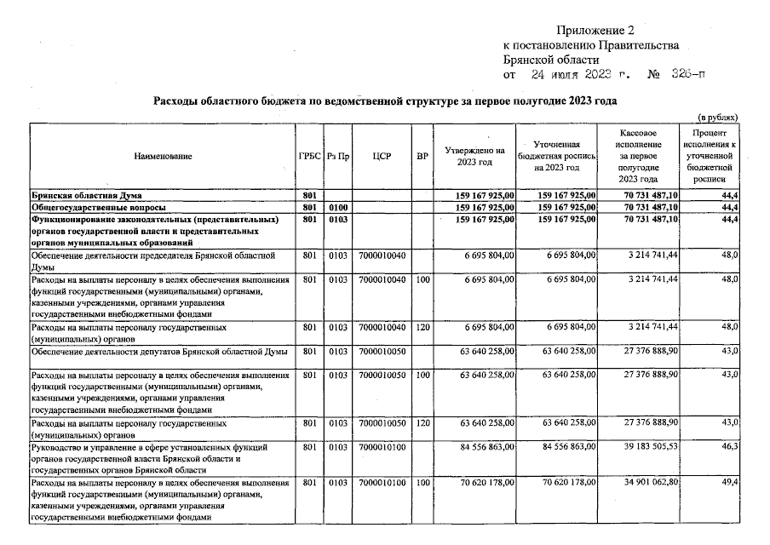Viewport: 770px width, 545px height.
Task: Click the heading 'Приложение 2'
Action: coord(596,31)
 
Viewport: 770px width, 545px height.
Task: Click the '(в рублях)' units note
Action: coord(717,117)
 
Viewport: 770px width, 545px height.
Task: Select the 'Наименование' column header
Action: coord(163,157)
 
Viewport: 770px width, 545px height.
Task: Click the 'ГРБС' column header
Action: coord(309,157)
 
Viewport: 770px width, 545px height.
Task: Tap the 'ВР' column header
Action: coord(422,157)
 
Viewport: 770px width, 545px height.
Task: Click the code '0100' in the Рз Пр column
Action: coord(338,207)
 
